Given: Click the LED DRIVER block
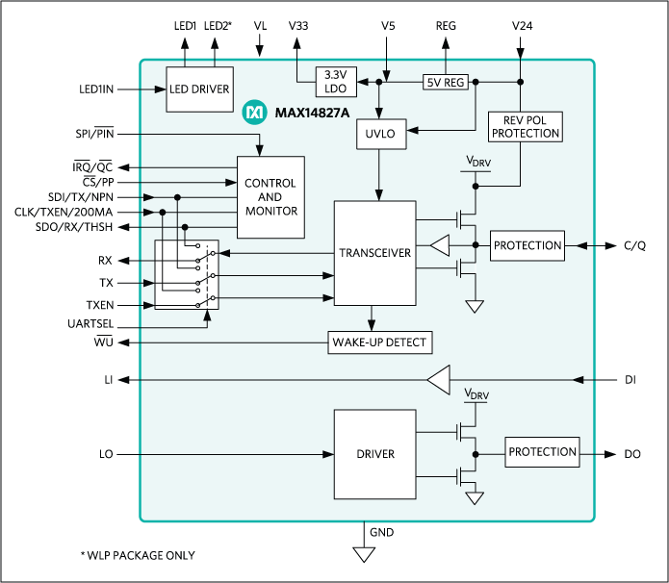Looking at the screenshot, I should tap(199, 89).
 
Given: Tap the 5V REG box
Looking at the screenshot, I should tap(446, 83).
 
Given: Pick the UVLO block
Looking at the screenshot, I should tap(380, 135).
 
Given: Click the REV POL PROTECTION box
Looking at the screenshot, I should tap(525, 126).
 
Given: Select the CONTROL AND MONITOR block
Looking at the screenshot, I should tap(270, 197).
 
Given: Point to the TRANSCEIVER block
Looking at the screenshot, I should tap(374, 253).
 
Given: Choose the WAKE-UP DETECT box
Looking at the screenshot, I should tap(378, 342).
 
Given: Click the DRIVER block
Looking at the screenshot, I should tap(374, 452).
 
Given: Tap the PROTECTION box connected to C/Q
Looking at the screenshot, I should tap(527, 245).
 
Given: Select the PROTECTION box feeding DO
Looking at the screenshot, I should tap(543, 452).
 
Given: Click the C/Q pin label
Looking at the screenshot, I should tap(634, 246).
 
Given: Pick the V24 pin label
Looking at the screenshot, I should tap(521, 26).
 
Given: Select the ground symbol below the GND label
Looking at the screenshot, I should tap(363, 553).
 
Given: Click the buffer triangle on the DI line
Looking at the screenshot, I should tap(439, 380).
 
